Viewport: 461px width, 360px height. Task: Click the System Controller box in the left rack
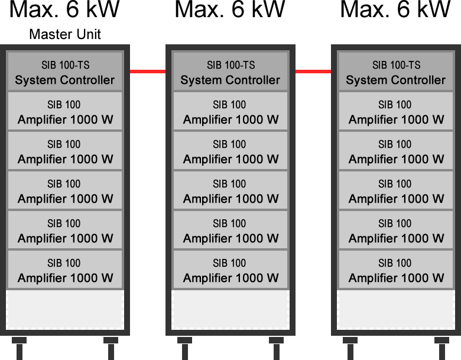tap(64, 72)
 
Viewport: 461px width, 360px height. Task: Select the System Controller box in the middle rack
tap(230, 72)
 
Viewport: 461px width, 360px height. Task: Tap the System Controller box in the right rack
tap(395, 72)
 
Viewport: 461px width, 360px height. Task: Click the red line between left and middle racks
tap(148, 72)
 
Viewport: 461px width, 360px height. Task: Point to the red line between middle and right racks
tap(313, 72)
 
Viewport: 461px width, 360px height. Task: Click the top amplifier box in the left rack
tap(64, 111)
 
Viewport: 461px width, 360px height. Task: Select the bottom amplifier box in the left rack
tap(64, 270)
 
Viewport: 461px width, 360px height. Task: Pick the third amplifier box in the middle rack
tap(230, 190)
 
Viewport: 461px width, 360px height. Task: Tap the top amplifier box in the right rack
tap(395, 111)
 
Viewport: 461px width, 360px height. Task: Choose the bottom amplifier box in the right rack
tap(395, 270)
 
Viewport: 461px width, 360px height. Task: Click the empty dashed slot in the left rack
tap(64, 309)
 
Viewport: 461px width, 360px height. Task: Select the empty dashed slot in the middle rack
tap(230, 309)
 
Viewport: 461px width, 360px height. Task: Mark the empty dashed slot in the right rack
tap(395, 309)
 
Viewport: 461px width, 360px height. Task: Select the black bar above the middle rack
tap(230, 14)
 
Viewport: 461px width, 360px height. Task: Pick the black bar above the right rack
tap(392, 14)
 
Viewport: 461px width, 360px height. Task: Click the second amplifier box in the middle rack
tap(230, 151)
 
